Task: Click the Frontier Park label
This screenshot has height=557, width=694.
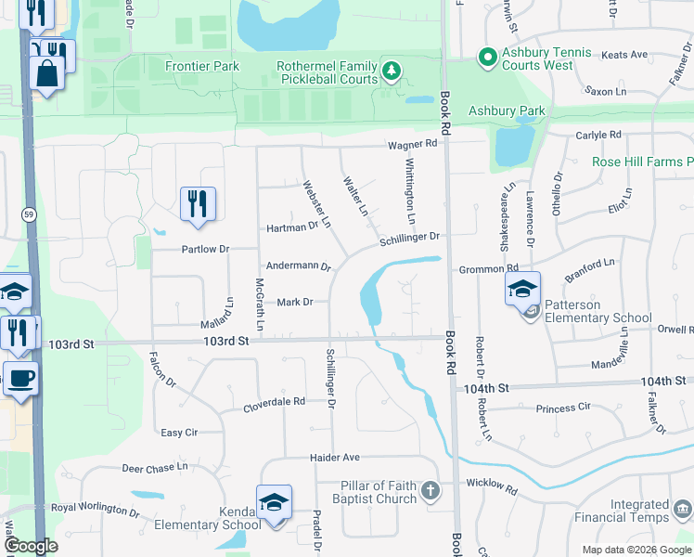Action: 201,66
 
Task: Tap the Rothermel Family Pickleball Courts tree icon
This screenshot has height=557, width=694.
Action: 392,70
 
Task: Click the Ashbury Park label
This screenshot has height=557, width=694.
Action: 507,110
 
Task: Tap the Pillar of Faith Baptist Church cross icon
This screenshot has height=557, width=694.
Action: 430,490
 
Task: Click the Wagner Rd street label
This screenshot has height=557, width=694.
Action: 412,144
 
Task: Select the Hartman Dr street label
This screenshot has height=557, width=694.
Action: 292,226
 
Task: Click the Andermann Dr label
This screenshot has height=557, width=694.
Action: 299,266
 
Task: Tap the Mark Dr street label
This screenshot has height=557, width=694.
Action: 295,302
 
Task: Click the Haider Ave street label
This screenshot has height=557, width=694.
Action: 334,458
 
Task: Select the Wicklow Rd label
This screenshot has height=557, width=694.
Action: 491,484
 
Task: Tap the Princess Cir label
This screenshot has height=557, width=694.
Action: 563,408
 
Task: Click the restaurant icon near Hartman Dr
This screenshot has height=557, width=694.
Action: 197,203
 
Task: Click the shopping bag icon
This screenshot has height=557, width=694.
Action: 45,72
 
